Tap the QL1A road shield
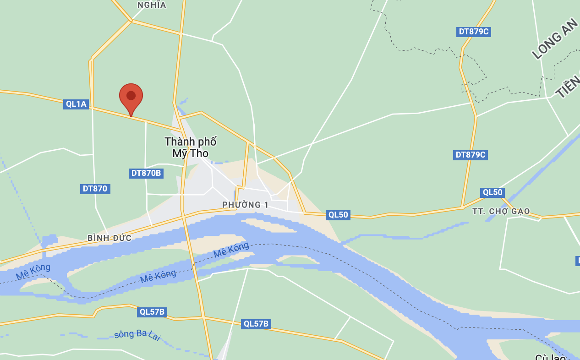click(x=76, y=104)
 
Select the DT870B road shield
click(x=146, y=173)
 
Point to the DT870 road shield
click(x=95, y=189)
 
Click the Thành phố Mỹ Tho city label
click(x=190, y=147)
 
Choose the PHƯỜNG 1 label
click(x=245, y=205)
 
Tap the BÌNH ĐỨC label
click(x=109, y=238)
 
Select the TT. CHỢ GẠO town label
click(x=501, y=211)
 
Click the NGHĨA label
click(x=152, y=5)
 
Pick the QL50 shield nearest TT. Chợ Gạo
click(x=492, y=192)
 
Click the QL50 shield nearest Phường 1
click(x=338, y=215)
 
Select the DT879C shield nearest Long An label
click(x=474, y=32)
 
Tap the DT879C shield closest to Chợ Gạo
click(x=471, y=155)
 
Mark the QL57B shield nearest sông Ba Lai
click(x=152, y=312)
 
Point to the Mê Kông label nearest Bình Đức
click(x=33, y=271)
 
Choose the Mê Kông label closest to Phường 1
click(x=231, y=250)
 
